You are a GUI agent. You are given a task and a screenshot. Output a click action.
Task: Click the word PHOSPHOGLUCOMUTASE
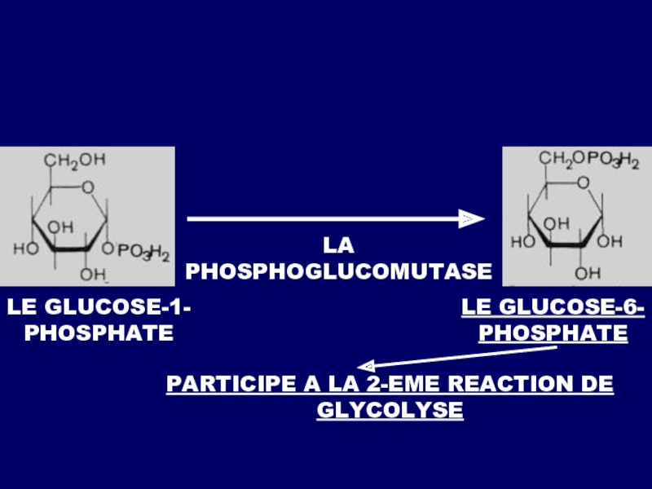[x=339, y=271]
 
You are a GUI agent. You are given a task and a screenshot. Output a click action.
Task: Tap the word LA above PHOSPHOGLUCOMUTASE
[x=339, y=244]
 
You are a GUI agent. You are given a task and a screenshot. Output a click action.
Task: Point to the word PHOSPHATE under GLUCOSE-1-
[x=99, y=333]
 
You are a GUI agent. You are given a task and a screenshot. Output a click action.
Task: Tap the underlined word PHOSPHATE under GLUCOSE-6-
[x=553, y=333]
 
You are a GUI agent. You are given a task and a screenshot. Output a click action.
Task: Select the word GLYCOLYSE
[x=390, y=409]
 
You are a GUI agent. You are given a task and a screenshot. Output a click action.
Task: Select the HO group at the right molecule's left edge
[x=522, y=242]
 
